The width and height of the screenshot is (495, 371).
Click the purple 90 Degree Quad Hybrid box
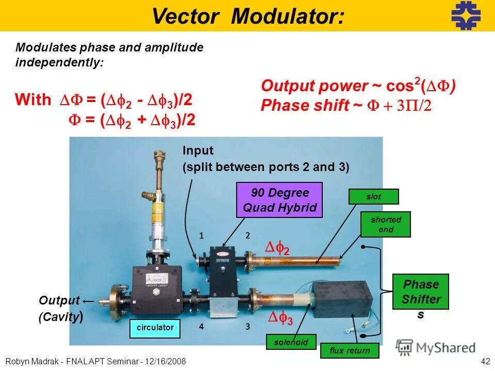(x=279, y=200)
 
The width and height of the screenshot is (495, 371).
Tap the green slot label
(x=374, y=196)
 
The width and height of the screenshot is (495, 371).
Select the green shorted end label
(x=385, y=224)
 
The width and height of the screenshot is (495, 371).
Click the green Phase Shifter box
(x=421, y=292)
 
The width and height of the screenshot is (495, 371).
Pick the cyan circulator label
(x=155, y=327)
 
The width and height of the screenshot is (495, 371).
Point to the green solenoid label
(x=291, y=342)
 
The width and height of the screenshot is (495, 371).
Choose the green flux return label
(x=350, y=351)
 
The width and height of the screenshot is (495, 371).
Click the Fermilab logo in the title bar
(x=466, y=15)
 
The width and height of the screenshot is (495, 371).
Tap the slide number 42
(x=485, y=361)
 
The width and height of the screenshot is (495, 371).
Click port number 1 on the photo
(x=202, y=235)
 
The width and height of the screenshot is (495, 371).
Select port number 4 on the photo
(x=202, y=326)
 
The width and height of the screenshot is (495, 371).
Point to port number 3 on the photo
(x=247, y=326)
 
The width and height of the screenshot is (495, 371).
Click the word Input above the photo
(x=197, y=150)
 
